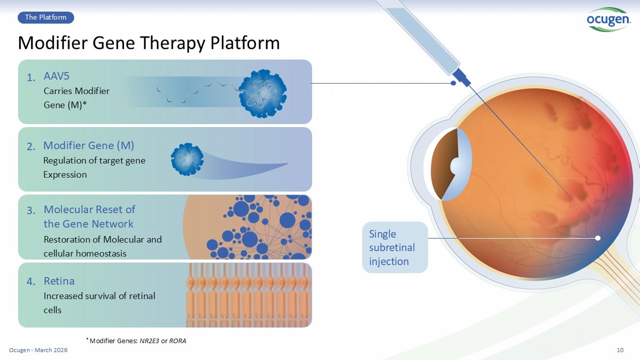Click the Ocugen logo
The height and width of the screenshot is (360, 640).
(608, 19)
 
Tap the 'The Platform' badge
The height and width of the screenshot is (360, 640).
(46, 18)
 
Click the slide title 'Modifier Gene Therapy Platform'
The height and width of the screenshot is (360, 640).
(149, 43)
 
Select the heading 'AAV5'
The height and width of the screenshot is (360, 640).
(57, 76)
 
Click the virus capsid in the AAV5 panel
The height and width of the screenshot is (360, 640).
(262, 93)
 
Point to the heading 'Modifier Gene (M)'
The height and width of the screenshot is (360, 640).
(89, 146)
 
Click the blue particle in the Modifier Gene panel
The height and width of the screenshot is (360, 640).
(187, 159)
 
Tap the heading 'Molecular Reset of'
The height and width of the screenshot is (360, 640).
(89, 209)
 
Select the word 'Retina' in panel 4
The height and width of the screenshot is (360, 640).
(59, 281)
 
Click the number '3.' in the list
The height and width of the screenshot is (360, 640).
(31, 211)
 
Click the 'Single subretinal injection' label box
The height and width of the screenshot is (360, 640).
(395, 247)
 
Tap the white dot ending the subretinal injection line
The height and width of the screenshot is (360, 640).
(598, 238)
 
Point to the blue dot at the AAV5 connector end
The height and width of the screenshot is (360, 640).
(453, 83)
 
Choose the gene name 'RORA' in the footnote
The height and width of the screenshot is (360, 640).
(178, 341)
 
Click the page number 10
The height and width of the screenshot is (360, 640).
(620, 350)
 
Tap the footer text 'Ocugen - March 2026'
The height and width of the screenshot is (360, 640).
(38, 350)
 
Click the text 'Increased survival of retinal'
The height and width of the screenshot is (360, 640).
(99, 296)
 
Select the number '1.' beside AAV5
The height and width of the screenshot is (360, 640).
(31, 78)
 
